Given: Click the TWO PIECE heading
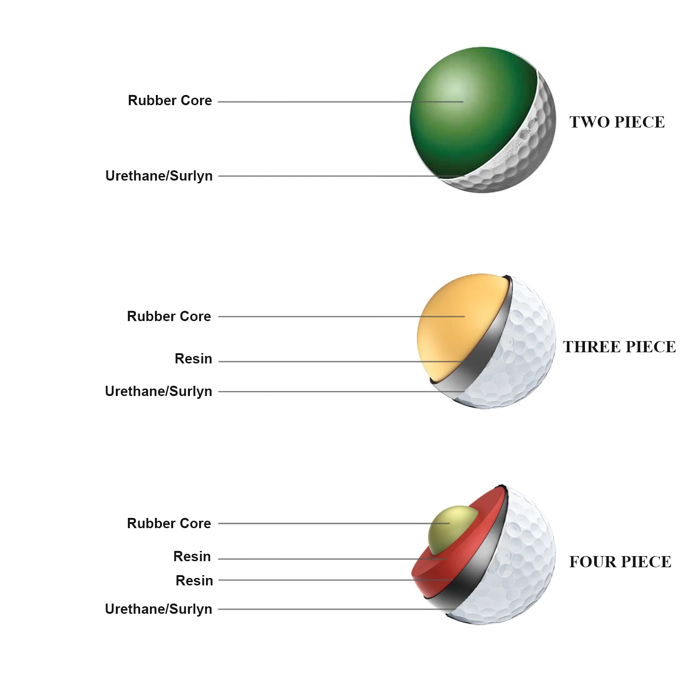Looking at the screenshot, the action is pos(617,122).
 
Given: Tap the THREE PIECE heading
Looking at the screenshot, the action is pos(619,347).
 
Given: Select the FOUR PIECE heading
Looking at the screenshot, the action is pos(620,562).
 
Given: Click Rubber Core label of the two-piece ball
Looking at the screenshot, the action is pos(170,101).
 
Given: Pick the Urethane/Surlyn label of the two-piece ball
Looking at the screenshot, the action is pos(159,176).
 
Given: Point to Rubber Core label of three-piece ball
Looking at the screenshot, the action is pos(169,316).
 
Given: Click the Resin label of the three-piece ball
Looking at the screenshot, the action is pos(193,359).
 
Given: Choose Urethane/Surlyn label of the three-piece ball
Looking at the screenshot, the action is pos(158,391).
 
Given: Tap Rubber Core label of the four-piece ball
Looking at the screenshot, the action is pos(169,523).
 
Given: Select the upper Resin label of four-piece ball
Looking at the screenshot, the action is pos(192,557).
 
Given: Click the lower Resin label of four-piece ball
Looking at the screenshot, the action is pos(194,581).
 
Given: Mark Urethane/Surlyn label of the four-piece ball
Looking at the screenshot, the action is pos(158,609).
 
